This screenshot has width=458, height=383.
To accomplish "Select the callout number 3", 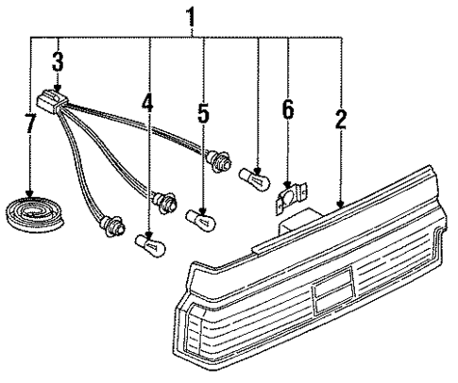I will (58, 63).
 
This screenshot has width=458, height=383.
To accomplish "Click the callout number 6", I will (287, 110).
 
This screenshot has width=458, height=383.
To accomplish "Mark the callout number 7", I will (30, 125).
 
